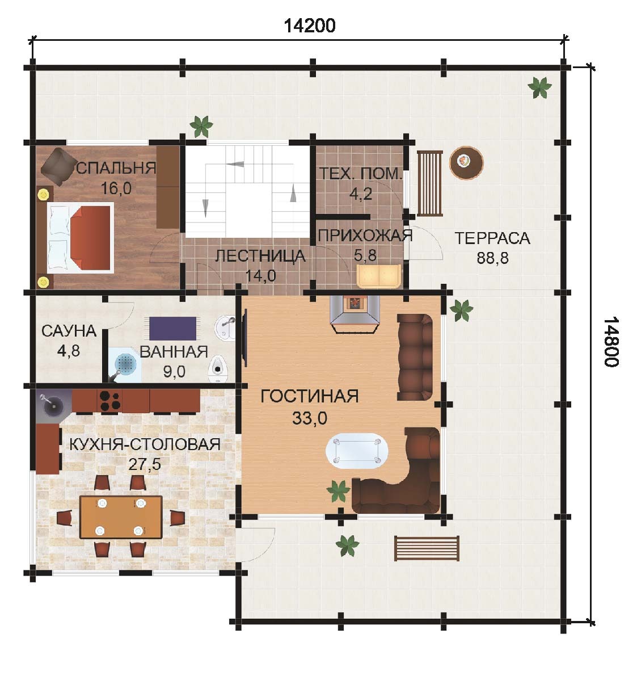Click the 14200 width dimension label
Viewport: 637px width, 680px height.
point(309,26)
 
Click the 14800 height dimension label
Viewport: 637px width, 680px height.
point(611,343)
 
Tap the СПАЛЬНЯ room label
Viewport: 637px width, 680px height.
point(116,168)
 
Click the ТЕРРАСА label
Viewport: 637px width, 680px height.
point(492,238)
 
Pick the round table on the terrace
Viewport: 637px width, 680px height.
point(466,163)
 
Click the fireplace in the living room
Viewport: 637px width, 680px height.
point(355,314)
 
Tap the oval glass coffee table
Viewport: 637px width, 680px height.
point(357,451)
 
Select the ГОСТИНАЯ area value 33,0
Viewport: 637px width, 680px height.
point(309,418)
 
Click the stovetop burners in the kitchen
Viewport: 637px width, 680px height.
point(109,401)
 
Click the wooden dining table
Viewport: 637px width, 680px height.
point(121,517)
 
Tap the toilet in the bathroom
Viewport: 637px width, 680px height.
point(218,370)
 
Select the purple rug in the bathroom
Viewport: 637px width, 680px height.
point(173,328)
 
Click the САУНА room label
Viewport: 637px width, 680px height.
point(69,331)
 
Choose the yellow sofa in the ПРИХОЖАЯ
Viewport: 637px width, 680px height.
point(379,276)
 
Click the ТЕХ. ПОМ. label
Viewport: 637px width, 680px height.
point(361,174)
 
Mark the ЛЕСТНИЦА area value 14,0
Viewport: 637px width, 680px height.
point(260,276)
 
